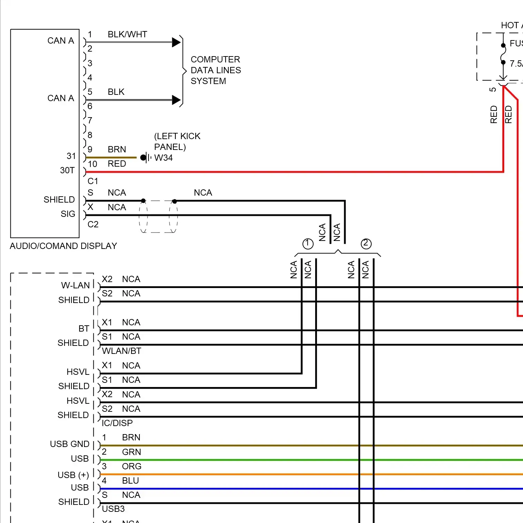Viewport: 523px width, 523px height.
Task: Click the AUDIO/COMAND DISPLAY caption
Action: click(x=63, y=246)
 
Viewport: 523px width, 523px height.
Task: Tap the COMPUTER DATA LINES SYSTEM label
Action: click(x=215, y=70)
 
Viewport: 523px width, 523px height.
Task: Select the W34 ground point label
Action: click(x=163, y=158)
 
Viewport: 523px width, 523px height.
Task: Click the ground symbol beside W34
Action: click(x=145, y=158)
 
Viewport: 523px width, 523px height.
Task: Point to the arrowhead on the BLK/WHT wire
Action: click(x=176, y=43)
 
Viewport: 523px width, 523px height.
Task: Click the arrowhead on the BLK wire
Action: click(x=176, y=100)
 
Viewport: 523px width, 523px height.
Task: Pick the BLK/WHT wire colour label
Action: click(x=127, y=35)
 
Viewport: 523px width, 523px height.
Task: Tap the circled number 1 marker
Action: click(x=308, y=244)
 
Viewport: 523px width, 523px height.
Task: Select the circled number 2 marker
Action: click(x=366, y=243)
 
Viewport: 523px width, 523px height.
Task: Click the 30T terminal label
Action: click(x=67, y=170)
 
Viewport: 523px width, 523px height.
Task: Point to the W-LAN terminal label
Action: click(x=75, y=286)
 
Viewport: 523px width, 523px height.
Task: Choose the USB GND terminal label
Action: click(x=70, y=444)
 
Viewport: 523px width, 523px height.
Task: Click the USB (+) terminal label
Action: click(x=73, y=475)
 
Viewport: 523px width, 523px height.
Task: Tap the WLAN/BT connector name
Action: click(x=121, y=351)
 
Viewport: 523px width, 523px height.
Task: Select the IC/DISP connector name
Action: click(x=117, y=423)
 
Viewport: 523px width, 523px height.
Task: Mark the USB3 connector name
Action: click(x=113, y=509)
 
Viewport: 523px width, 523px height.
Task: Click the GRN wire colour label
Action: click(x=131, y=452)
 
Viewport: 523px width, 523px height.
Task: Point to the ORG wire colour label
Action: click(x=131, y=467)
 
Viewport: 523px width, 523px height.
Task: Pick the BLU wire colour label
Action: click(x=130, y=481)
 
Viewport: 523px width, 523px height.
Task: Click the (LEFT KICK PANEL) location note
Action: click(x=177, y=142)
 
